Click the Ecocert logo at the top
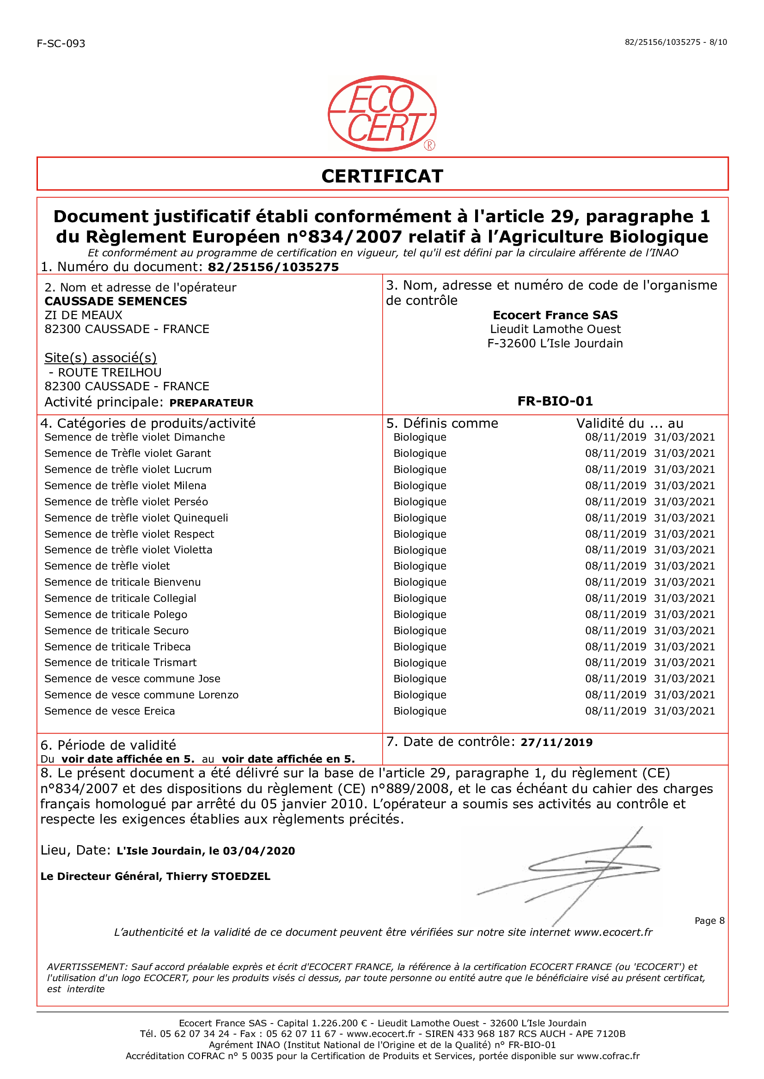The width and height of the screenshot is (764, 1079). [x=382, y=113]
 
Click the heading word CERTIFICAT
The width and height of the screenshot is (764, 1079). [x=382, y=176]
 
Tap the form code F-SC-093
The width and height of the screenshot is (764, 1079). [x=61, y=44]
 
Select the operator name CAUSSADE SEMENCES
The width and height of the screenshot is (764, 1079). [x=116, y=301]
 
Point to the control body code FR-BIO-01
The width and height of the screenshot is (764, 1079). [x=555, y=401]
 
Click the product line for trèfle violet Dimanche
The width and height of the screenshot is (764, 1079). [x=134, y=437]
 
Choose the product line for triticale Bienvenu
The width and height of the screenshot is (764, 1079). [x=122, y=582]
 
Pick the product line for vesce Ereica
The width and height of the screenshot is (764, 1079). [x=110, y=711]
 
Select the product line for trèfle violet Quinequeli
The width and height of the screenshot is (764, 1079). [x=136, y=518]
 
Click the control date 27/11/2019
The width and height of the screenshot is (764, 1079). [x=556, y=742]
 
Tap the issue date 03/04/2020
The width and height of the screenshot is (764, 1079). [x=259, y=851]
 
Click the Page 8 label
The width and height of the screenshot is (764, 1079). [x=709, y=921]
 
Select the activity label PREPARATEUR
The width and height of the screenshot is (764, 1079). [x=211, y=403]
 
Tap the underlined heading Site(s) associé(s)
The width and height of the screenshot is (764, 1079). [x=100, y=358]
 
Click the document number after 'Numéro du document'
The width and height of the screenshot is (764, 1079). [x=273, y=267]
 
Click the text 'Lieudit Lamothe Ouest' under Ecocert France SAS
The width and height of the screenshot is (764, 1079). [x=555, y=329]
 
